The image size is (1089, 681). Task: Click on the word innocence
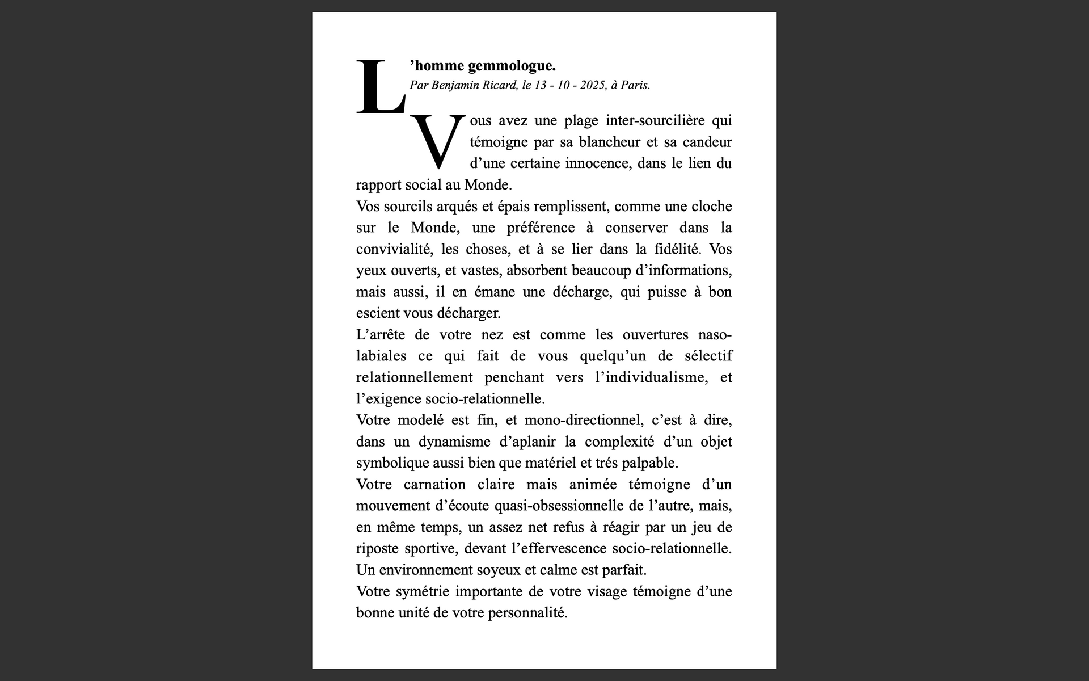pyautogui.click(x=597, y=163)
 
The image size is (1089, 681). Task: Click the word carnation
pyautogui.click(x=434, y=485)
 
